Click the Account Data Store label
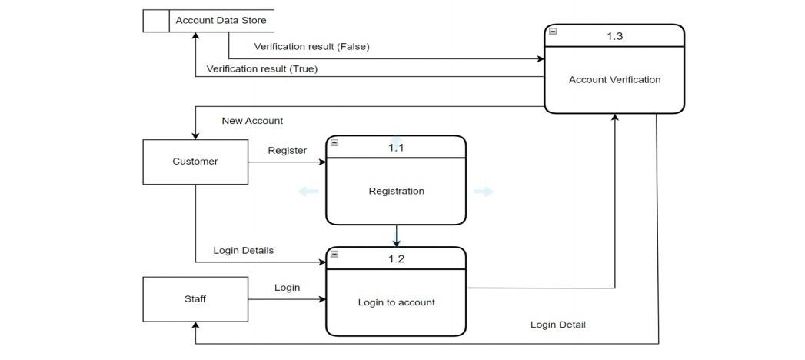(x=220, y=20)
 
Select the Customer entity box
(x=195, y=162)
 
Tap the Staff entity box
(x=195, y=299)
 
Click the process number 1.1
(x=396, y=148)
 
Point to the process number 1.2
(x=396, y=258)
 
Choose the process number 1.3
(x=614, y=36)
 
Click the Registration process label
(x=396, y=191)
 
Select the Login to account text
(x=396, y=302)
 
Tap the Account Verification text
(x=614, y=79)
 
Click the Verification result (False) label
(x=311, y=47)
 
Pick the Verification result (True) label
(x=261, y=69)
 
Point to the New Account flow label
(x=252, y=121)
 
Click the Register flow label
(x=287, y=151)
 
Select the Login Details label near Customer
(x=243, y=251)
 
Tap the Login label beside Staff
(x=287, y=288)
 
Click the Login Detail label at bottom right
(x=557, y=325)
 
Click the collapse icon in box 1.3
(x=553, y=32)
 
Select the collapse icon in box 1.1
(x=334, y=142)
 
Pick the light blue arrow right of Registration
(x=483, y=192)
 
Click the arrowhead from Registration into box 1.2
(x=396, y=243)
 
